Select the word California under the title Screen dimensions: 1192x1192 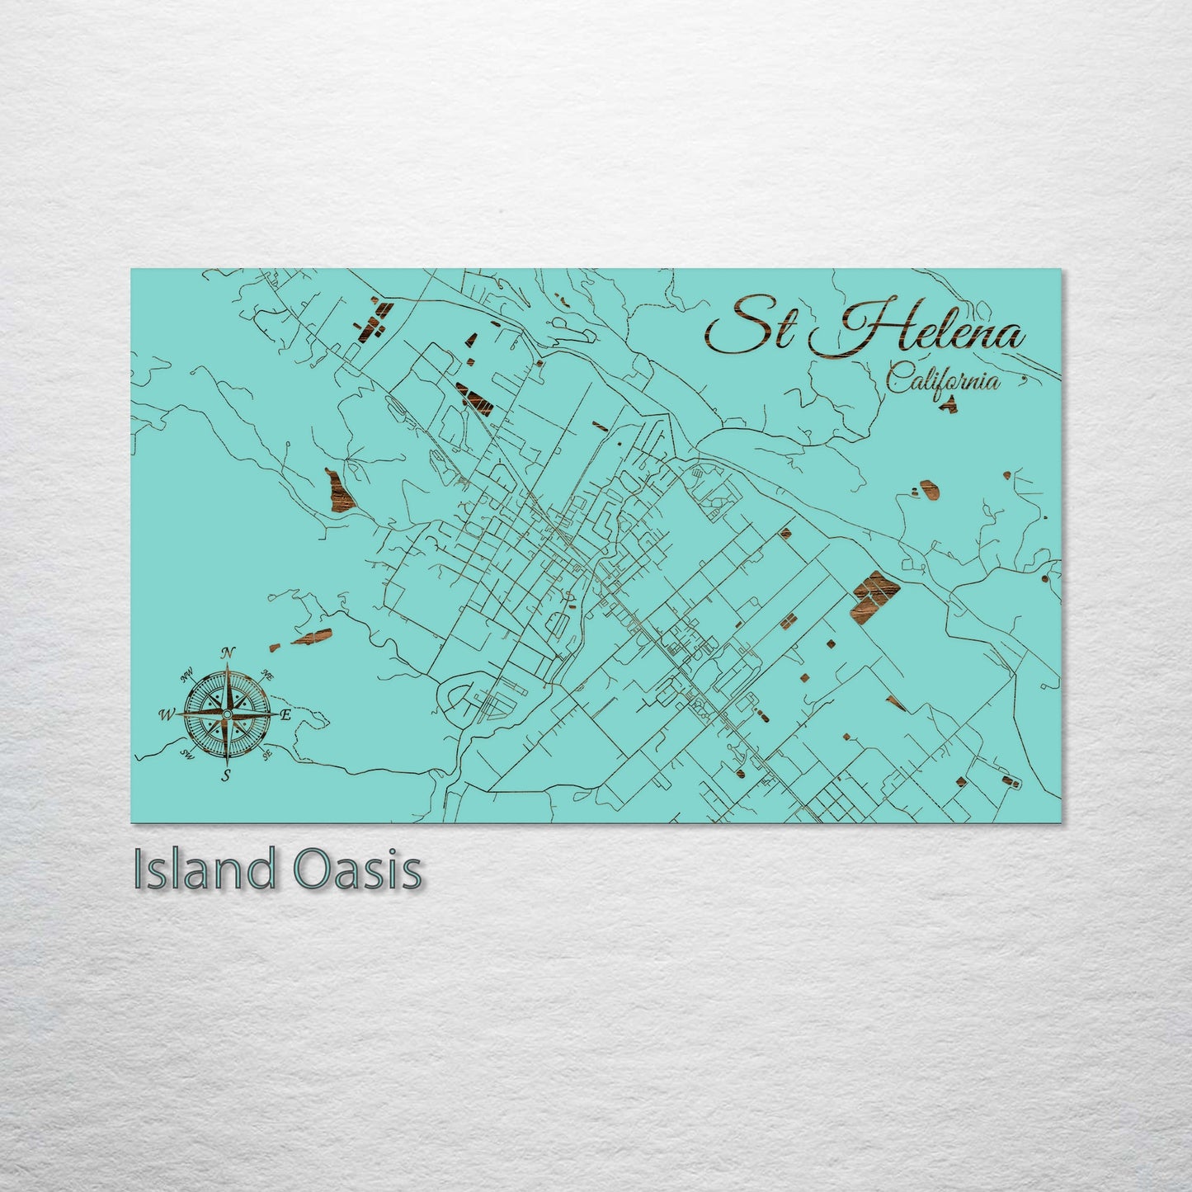[x=943, y=381]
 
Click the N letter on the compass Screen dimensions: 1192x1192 [x=229, y=653]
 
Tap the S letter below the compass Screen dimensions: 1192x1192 [x=225, y=775]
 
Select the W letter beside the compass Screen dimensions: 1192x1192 [x=167, y=714]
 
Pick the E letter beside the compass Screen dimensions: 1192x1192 [x=285, y=714]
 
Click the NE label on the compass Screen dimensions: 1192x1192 [x=266, y=674]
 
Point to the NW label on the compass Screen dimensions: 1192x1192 [x=187, y=674]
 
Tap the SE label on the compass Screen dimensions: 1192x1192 [x=266, y=753]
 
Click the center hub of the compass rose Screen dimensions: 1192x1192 [x=227, y=713]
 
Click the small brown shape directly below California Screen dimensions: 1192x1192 [x=950, y=404]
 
